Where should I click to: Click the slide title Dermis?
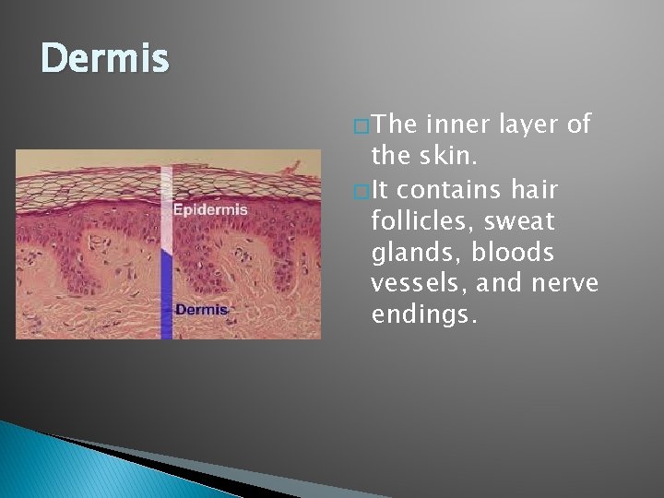pyautogui.click(x=105, y=60)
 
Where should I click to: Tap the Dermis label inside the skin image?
pyautogui.click(x=201, y=310)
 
